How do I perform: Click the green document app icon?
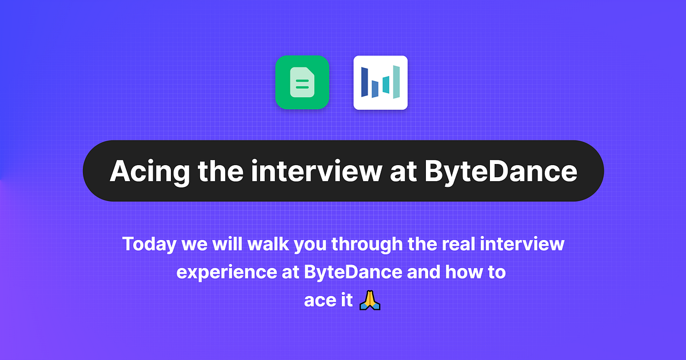point(302,82)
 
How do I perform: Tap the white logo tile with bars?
point(380,82)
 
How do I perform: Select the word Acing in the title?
point(143,170)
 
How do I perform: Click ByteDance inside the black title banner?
point(501,170)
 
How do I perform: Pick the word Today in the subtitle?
point(150,245)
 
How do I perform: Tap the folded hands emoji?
point(370,300)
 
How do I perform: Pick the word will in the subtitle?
point(229,245)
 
